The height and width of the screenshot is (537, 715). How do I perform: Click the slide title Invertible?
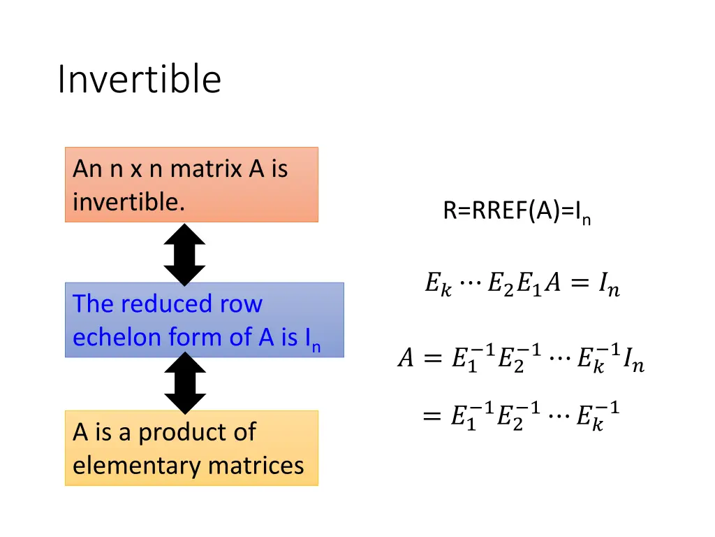139,79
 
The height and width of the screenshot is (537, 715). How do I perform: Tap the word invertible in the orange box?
128,202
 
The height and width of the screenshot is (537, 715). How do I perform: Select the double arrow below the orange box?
184,255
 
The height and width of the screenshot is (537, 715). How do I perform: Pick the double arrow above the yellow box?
184,383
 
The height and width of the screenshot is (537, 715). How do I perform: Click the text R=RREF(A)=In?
517,210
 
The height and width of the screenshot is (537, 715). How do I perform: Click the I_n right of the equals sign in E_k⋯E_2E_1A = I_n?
607,286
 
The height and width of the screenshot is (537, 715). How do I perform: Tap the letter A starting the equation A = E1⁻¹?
405,359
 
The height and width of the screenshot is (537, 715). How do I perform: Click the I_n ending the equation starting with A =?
633,361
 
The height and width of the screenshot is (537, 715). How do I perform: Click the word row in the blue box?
242,304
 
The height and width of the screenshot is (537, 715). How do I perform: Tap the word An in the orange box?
88,169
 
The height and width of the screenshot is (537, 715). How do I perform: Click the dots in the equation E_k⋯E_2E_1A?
470,285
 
